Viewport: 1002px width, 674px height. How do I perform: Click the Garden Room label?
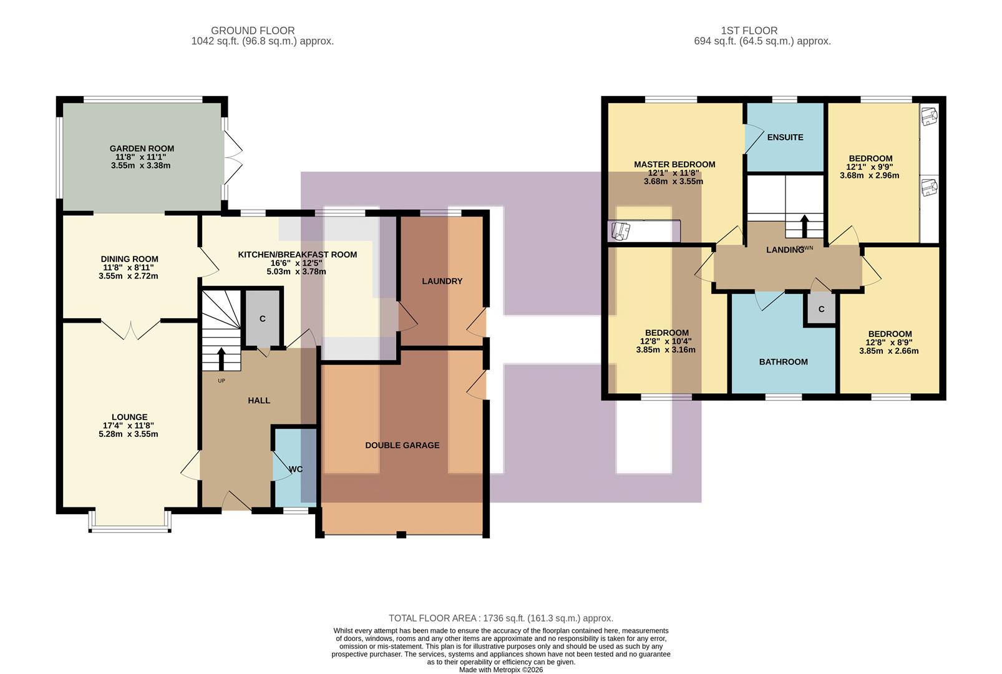point(142,149)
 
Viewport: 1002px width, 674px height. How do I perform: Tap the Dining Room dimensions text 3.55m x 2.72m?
point(129,276)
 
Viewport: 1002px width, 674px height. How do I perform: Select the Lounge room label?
point(129,417)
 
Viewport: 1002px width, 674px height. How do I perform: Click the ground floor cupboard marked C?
point(262,318)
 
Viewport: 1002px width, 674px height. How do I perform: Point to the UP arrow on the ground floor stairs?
point(221,359)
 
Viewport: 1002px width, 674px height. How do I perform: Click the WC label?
point(296,469)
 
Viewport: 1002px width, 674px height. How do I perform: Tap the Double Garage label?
point(402,445)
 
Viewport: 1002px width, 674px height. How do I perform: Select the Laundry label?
point(442,281)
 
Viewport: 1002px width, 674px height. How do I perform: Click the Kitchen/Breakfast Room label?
point(297,255)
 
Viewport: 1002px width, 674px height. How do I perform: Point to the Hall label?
point(259,400)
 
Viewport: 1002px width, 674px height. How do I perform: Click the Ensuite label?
point(785,137)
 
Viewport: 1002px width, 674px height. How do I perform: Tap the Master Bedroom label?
point(674,164)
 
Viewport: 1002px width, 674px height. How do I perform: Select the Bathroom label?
point(783,361)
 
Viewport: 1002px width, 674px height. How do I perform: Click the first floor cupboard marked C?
point(821,309)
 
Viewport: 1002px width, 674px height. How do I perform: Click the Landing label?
point(784,250)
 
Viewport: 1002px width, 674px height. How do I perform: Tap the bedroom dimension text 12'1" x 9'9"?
point(870,167)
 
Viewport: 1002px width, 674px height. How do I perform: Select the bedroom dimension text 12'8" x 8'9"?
point(888,342)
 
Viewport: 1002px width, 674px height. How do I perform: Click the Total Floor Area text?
point(500,618)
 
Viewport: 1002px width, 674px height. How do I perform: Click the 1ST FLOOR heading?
point(749,30)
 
